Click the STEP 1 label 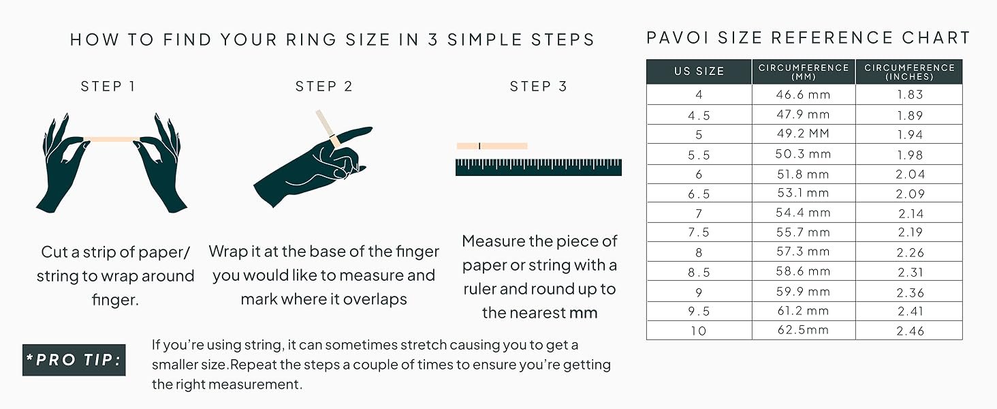point(108,87)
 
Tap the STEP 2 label point(324,87)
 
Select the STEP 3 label point(539,87)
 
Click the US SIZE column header point(699,72)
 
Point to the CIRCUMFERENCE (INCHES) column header point(909,72)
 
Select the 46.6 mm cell point(804,95)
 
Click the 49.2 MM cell point(804,134)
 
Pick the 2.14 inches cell point(910,213)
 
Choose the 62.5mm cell point(804,331)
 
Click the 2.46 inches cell point(910,331)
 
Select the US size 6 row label point(699,175)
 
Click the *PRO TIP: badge point(74,360)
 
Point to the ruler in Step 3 point(538,167)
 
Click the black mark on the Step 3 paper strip point(479,146)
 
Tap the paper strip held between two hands point(112,139)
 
